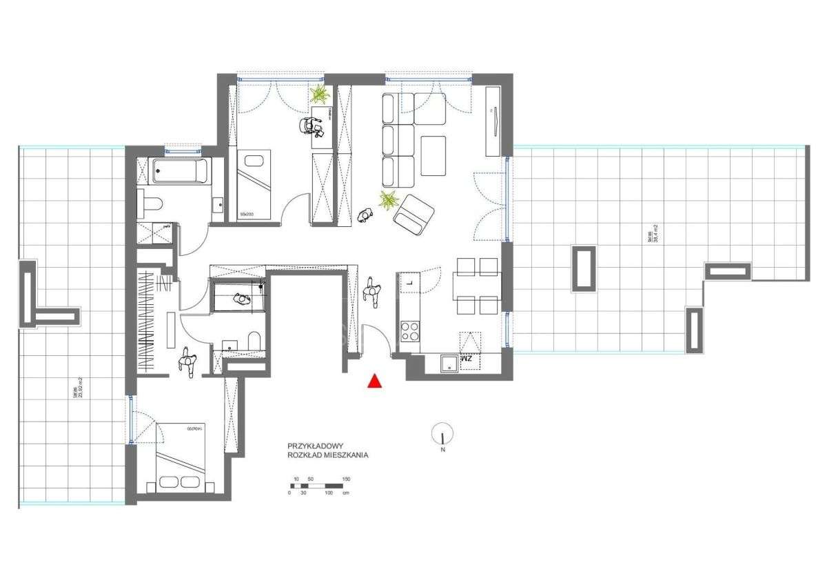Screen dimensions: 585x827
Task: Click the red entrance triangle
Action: click(x=374, y=380)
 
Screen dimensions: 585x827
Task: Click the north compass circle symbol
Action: click(x=442, y=434)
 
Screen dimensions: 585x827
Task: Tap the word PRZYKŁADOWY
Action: click(x=311, y=446)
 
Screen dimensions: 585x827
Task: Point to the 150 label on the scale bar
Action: click(x=346, y=479)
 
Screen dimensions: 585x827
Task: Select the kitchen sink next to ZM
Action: click(x=450, y=363)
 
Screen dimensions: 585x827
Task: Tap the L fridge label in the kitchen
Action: click(x=409, y=282)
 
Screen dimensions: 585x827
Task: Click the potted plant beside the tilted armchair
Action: click(x=389, y=201)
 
